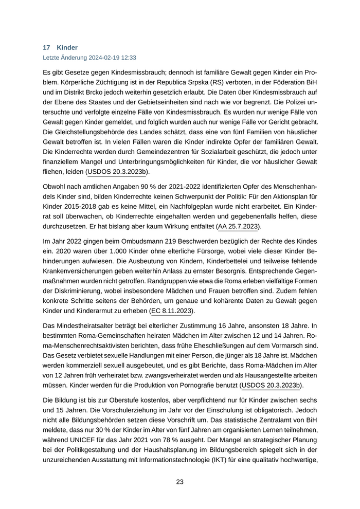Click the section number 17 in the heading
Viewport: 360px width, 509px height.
46,47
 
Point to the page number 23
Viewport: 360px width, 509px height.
179,482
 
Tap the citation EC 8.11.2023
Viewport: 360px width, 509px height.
171,311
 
